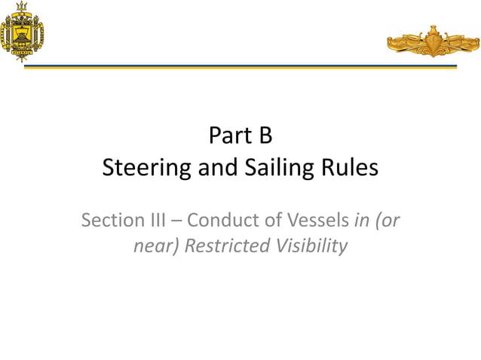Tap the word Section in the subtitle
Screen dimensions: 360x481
point(111,221)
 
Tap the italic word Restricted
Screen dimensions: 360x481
point(224,246)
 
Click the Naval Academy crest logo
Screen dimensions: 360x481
point(22,32)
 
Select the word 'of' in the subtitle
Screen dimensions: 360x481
point(267,221)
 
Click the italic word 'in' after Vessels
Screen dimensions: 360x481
point(360,221)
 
